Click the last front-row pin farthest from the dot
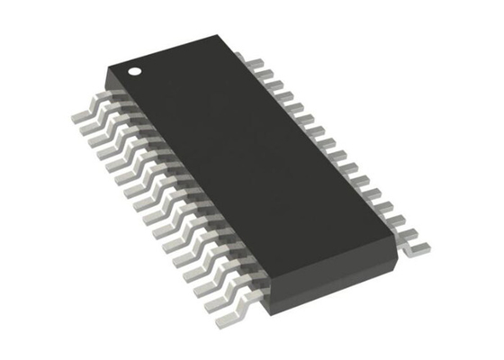(x=226, y=307)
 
